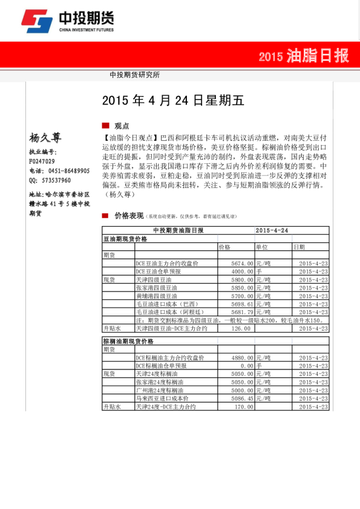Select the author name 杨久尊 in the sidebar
tap(45, 138)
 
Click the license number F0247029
tap(42, 161)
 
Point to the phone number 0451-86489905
tap(65, 171)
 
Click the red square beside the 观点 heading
tap(105, 125)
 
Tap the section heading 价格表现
tap(129, 216)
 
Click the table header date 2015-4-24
tap(272, 231)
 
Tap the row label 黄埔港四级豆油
tap(157, 296)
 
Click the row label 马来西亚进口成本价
tap(162, 399)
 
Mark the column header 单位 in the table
tap(262, 247)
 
